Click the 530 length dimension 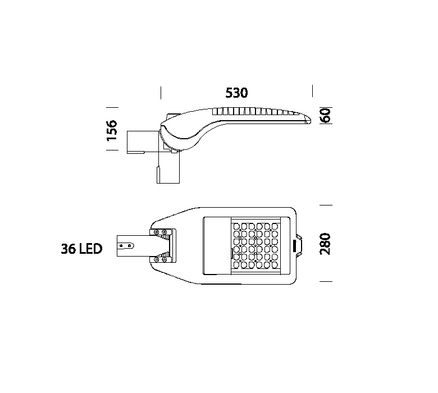(x=236, y=93)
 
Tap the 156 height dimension (x=112, y=130)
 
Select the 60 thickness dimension (x=326, y=115)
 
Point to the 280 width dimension (x=325, y=244)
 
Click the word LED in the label (x=91, y=249)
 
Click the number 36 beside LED (x=69, y=249)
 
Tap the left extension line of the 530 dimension (x=161, y=93)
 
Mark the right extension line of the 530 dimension (x=312, y=91)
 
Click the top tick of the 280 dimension (x=326, y=205)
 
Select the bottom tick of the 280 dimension (x=326, y=281)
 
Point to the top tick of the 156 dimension (x=112, y=107)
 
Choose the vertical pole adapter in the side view (x=168, y=168)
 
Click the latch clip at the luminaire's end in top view (x=299, y=245)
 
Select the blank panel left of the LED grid (x=217, y=245)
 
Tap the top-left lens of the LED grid (x=236, y=226)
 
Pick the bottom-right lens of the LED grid (x=275, y=264)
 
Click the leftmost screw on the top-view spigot (x=121, y=245)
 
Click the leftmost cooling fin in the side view (x=215, y=112)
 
